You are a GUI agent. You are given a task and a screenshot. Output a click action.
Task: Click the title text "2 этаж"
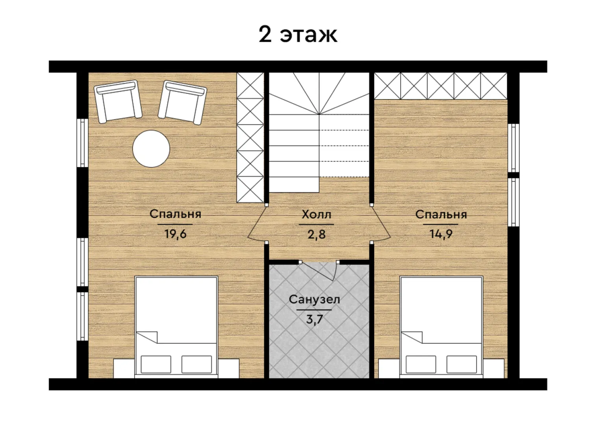coord(298,35)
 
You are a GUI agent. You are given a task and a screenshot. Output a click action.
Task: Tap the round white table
coord(151,149)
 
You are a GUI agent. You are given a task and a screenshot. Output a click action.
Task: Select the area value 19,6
coord(176,234)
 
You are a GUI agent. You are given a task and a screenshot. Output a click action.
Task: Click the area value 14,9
coord(441,234)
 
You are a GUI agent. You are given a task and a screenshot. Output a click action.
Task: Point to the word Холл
coord(316,214)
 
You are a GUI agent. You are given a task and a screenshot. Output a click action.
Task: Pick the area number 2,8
coord(316,235)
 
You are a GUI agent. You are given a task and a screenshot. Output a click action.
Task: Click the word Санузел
coord(314,299)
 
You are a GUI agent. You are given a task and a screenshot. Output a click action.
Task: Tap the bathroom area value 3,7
coord(314,319)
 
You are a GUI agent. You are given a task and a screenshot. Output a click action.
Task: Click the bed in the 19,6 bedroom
coord(176,327)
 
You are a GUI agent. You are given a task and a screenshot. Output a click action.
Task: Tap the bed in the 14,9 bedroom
coord(441,327)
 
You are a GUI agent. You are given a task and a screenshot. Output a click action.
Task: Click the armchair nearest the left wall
coord(118,101)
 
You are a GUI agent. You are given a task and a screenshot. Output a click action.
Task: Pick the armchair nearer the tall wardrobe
coord(183,102)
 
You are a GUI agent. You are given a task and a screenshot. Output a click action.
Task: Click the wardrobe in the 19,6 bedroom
coord(250,137)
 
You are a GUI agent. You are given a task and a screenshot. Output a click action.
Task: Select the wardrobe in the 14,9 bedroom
coord(441,86)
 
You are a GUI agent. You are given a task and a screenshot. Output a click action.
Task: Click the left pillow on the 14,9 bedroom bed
coord(421,364)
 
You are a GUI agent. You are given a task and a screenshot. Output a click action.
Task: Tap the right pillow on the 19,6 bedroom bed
coord(197,364)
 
